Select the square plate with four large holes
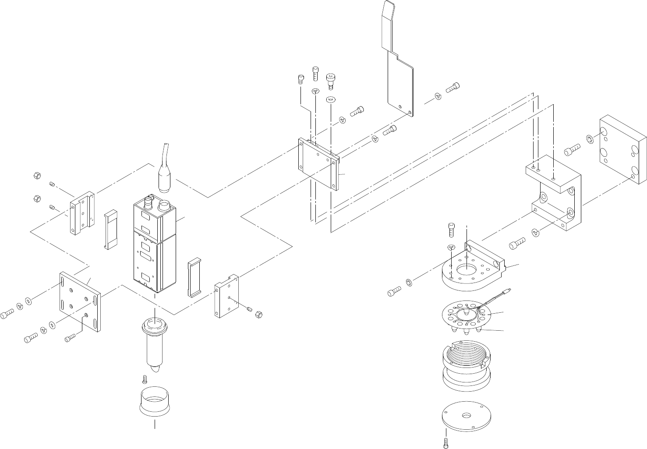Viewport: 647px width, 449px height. pos(622,149)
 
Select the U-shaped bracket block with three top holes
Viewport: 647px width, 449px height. pos(554,193)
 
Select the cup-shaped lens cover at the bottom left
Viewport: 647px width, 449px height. pos(155,403)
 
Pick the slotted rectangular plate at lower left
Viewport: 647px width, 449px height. pos(80,302)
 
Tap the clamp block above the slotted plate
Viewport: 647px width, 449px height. pos(82,212)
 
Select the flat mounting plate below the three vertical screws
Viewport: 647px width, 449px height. pos(318,164)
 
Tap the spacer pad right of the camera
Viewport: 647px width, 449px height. pos(194,277)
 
